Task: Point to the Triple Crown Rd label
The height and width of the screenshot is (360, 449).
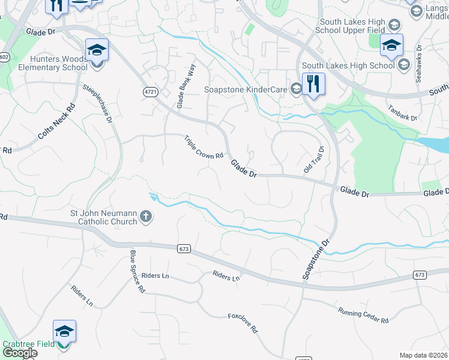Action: coord(204,147)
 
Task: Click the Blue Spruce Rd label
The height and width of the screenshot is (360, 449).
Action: coord(137,271)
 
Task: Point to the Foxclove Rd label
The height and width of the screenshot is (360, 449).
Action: coord(243,323)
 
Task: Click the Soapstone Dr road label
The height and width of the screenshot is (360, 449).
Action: coord(316,260)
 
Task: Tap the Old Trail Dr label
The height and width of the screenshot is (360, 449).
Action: coord(314,160)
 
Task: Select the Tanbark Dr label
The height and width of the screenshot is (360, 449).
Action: coord(402,114)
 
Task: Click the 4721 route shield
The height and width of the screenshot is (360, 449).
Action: coord(151,92)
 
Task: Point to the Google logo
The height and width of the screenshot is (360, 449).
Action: coord(20,353)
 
